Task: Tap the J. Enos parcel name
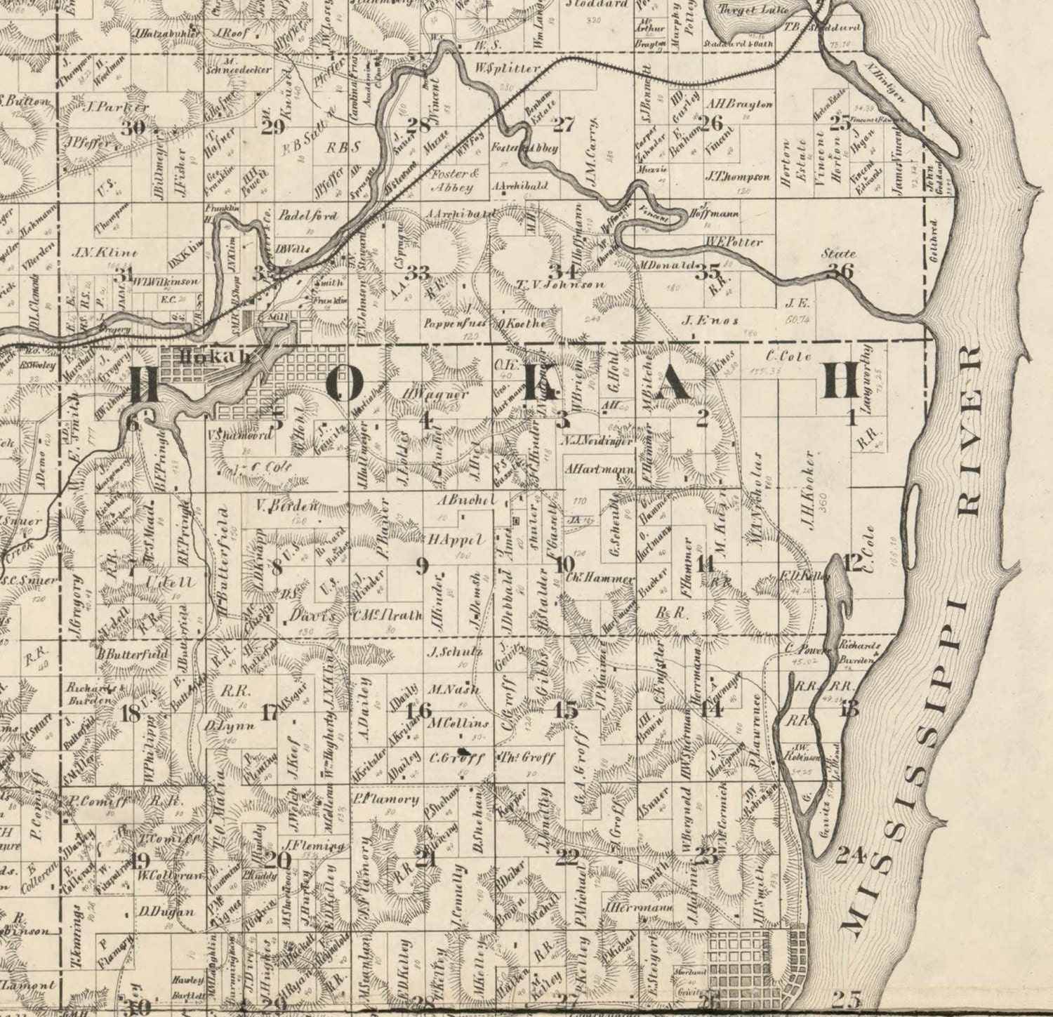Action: tap(710, 321)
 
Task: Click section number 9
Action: tap(421, 566)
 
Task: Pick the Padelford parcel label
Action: tap(308, 215)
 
